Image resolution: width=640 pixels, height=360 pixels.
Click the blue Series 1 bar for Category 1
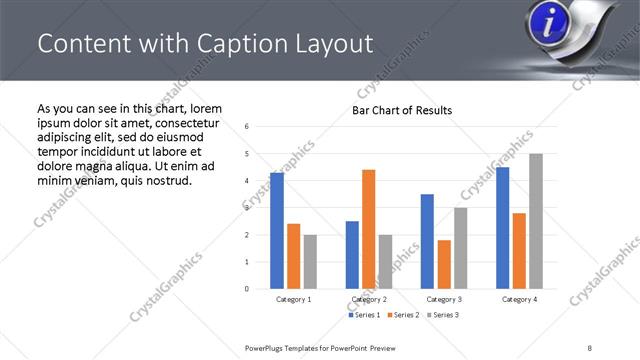pyautogui.click(x=277, y=231)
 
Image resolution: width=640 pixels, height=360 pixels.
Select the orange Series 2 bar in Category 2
pyautogui.click(x=368, y=229)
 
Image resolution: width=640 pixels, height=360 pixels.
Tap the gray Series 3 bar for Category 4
pyautogui.click(x=536, y=221)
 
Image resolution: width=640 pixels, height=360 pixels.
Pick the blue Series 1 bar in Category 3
pyautogui.click(x=427, y=241)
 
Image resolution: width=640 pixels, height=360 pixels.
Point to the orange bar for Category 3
pyautogui.click(x=444, y=264)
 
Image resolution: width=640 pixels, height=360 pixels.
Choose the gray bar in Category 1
pyautogui.click(x=310, y=262)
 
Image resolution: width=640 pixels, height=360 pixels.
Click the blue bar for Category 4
pyautogui.click(x=503, y=228)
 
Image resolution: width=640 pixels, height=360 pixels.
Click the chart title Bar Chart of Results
pyautogui.click(x=402, y=110)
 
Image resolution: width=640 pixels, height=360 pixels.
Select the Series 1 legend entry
pyautogui.click(x=364, y=315)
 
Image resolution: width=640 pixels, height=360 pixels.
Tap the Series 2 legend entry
pyautogui.click(x=403, y=315)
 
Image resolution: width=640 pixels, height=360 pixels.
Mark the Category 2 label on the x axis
pyautogui.click(x=369, y=299)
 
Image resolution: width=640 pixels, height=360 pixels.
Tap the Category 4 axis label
pyautogui.click(x=519, y=299)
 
